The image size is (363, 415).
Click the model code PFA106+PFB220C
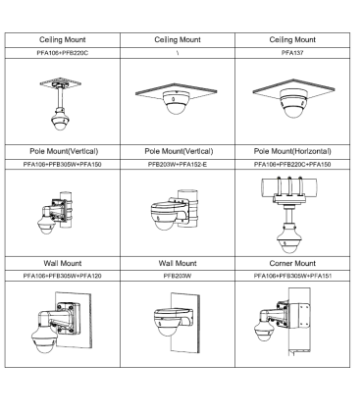click(x=62, y=53)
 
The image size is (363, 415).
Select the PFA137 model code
click(x=292, y=53)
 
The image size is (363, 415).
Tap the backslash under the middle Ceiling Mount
click(x=178, y=53)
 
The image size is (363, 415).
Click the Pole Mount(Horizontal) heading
click(x=292, y=151)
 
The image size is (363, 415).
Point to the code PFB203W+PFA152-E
click(x=178, y=164)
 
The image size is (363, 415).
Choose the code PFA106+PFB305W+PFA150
click(x=62, y=164)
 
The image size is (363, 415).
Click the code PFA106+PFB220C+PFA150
click(x=292, y=164)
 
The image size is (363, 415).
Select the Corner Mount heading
click(x=292, y=263)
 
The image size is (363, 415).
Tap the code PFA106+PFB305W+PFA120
click(x=62, y=276)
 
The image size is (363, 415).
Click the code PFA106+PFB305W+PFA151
click(x=292, y=276)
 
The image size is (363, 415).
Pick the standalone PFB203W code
click(x=178, y=276)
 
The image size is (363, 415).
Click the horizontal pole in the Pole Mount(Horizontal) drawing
click(x=289, y=186)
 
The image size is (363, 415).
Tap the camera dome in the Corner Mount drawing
click(x=264, y=330)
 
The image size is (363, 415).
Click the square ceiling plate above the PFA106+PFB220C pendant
click(x=61, y=82)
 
